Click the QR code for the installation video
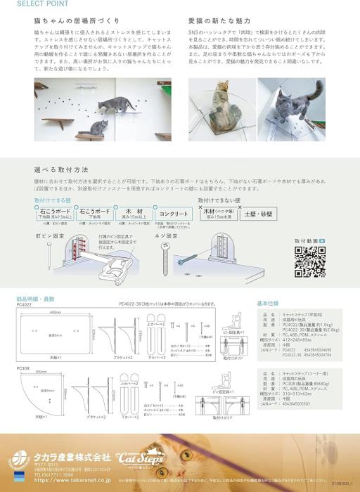click(x=310, y=262)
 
